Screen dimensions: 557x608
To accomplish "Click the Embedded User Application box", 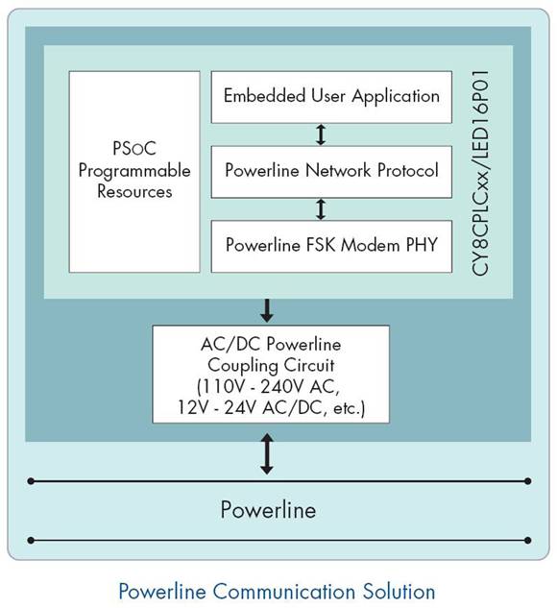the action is point(331,97).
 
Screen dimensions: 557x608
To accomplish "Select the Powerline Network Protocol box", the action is point(331,172).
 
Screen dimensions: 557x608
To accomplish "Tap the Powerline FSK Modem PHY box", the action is point(331,246).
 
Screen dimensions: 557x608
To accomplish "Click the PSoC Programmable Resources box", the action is point(134,172).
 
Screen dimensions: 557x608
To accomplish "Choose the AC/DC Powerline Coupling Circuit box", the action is point(271,375).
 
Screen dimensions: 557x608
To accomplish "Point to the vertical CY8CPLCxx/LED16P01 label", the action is point(480,173).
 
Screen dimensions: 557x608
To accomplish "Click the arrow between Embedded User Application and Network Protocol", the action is point(321,134).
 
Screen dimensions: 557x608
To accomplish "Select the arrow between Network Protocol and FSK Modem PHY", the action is point(321,209).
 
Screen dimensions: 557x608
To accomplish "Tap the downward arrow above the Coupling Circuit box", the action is point(267,310).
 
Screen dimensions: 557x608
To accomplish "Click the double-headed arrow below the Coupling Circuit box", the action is point(267,453).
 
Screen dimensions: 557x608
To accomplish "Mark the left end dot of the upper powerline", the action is point(31,481).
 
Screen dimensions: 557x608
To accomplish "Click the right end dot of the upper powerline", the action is point(527,481).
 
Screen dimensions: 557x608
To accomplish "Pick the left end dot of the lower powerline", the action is point(31,540).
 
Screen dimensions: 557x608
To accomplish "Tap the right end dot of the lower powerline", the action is point(527,540).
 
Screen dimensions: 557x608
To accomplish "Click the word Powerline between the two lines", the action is point(268,509).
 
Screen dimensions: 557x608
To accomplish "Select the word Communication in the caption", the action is point(284,592).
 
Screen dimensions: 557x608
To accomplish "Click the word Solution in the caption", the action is point(399,592).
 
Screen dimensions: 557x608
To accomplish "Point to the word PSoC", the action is point(134,148).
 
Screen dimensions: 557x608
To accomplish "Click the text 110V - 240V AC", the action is point(268,386).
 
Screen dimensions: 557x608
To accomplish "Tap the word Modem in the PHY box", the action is point(370,246).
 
